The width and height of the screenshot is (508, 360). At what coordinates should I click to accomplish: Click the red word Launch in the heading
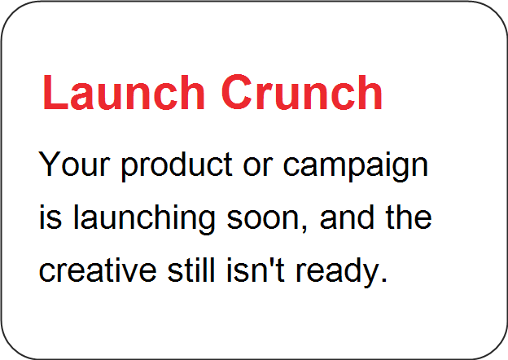coord(124,93)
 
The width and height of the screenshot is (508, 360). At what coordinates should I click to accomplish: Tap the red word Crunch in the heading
coord(302,93)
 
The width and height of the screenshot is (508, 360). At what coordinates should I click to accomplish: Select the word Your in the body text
coord(75,164)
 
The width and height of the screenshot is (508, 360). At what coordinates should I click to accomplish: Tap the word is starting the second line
coord(50,217)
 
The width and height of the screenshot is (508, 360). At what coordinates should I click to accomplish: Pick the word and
coord(347,217)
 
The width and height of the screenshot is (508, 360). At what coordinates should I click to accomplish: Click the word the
coord(408,217)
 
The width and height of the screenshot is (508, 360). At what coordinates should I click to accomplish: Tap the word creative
coord(98,270)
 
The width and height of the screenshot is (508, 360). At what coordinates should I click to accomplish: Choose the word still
coord(191,270)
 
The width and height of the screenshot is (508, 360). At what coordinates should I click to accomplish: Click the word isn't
coord(256,270)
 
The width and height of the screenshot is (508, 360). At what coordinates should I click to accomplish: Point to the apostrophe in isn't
coord(272,261)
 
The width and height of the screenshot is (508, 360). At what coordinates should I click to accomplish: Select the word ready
coord(337,272)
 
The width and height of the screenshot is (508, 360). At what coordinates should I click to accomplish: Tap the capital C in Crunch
coord(237,93)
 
